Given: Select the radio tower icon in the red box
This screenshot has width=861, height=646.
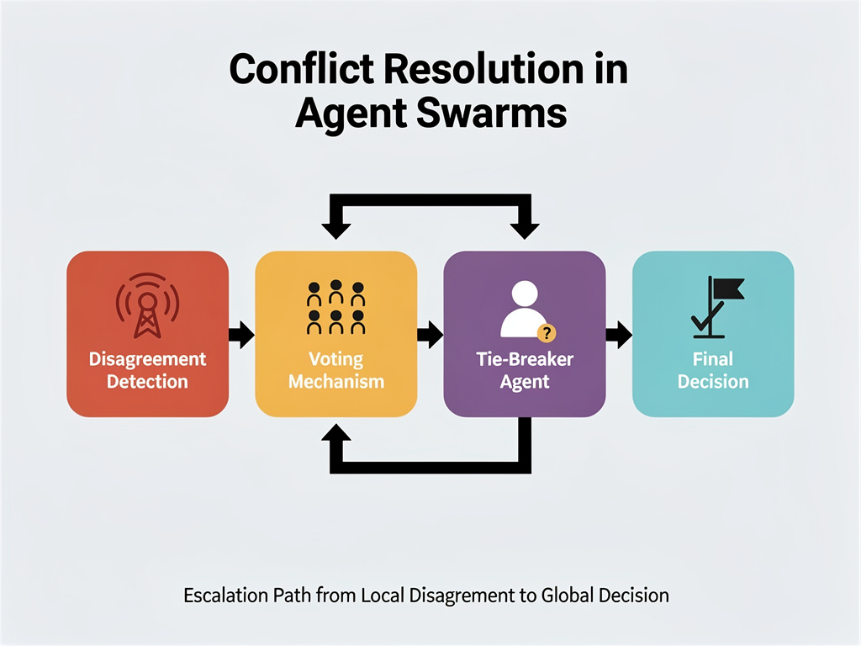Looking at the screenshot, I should (147, 304).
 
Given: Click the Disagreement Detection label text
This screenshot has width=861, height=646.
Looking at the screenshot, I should (147, 370).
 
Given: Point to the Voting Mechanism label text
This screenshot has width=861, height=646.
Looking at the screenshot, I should (335, 370).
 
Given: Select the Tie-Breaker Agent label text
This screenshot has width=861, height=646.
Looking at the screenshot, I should (524, 370).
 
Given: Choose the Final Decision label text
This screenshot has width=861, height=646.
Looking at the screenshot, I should (713, 370).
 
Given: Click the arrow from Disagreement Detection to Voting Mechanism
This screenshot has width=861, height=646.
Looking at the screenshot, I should (241, 334).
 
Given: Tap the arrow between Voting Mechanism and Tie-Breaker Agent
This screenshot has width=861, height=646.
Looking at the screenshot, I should (430, 334).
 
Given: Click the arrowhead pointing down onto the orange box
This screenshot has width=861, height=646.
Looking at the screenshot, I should (338, 226).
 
